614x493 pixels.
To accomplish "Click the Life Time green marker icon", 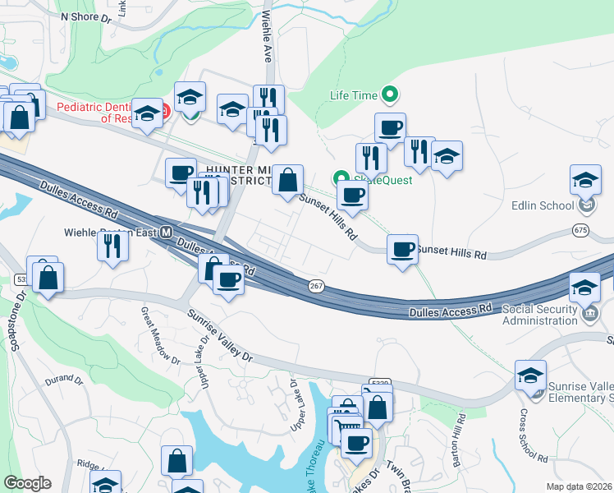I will tap(390, 96).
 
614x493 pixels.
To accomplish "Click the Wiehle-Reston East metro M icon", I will tap(165, 232).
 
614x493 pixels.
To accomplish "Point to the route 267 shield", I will tap(317, 285).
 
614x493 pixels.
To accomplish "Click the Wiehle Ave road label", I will tap(266, 37).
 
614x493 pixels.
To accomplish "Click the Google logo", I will tap(27, 483).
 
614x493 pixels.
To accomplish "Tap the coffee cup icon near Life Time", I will tap(390, 127).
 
